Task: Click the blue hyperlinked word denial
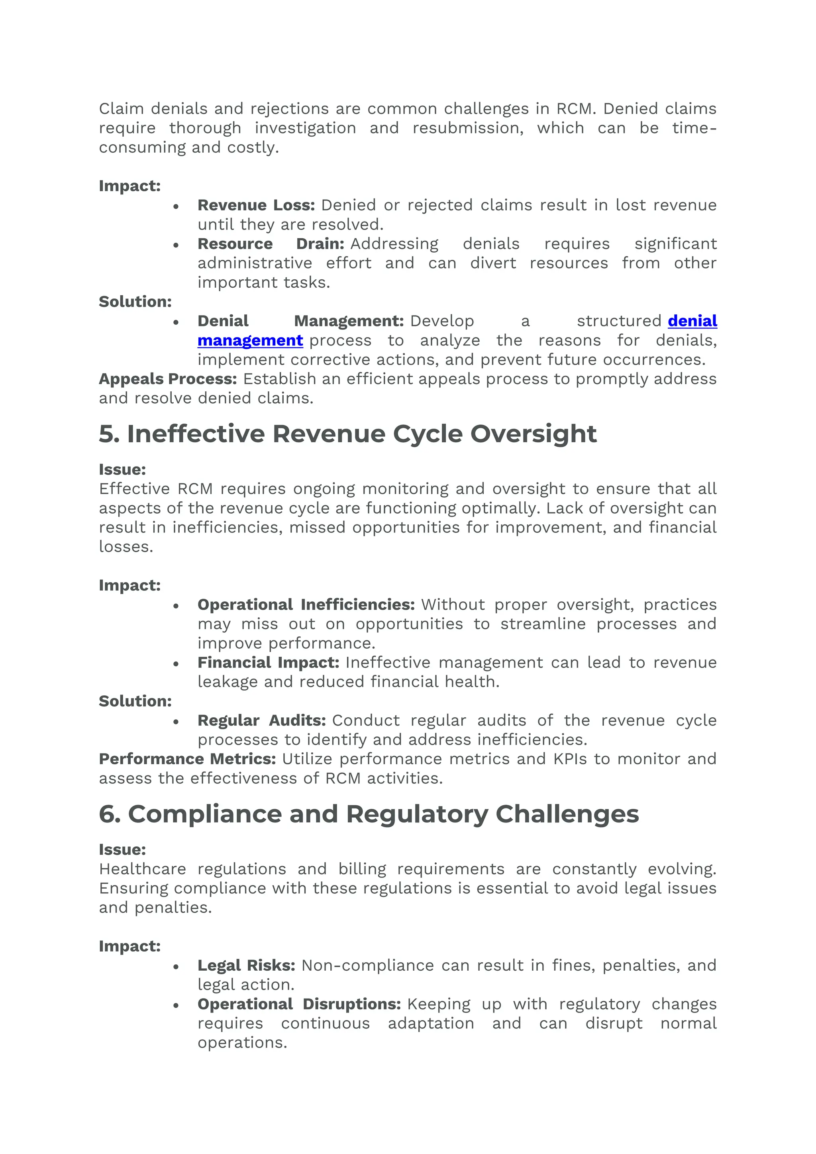pos(692,321)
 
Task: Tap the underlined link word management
pos(250,340)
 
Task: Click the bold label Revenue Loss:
pos(256,205)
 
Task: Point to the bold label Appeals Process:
pos(167,379)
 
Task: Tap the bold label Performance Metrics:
pos(187,758)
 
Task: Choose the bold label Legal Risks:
pos(246,965)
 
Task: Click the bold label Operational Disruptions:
pos(299,1004)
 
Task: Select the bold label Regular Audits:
pos(261,720)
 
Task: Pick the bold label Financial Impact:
pos(268,662)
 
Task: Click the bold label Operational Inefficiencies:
pos(306,604)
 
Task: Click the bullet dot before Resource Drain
pos(176,245)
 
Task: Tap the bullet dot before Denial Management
pos(176,322)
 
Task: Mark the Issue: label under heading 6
pos(122,850)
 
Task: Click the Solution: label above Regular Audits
pos(135,701)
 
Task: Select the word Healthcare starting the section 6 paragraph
pos(142,869)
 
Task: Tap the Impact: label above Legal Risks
pos(129,946)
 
